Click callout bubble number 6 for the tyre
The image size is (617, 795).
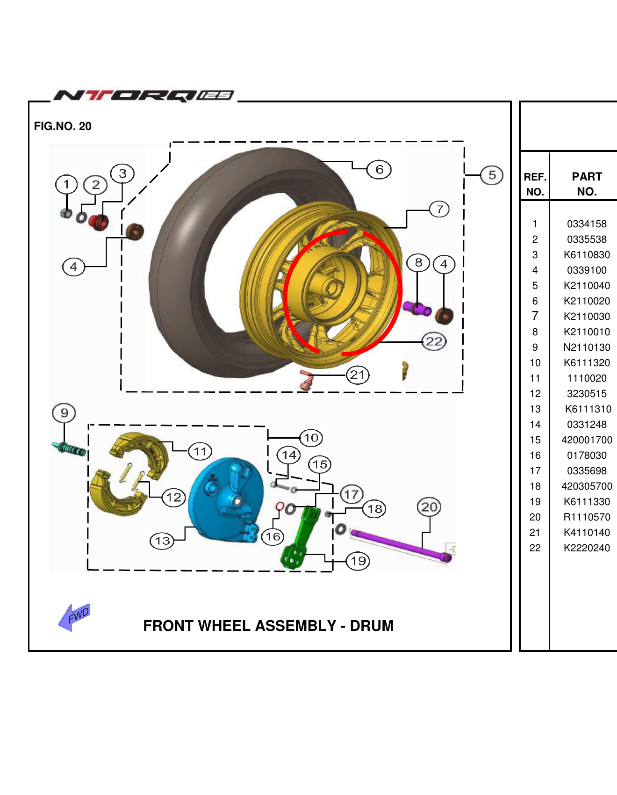click(379, 169)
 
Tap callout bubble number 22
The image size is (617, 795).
click(434, 341)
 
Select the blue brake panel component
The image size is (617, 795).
click(224, 500)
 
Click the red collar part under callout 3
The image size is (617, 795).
click(99, 222)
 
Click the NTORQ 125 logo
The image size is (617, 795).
click(144, 95)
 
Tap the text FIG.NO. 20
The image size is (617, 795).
click(63, 126)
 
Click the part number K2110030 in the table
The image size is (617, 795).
click(587, 317)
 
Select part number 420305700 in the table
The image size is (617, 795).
click(587, 486)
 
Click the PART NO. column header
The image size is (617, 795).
click(587, 184)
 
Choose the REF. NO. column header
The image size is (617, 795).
click(535, 184)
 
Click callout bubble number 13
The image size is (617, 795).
click(162, 541)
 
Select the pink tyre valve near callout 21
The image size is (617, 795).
click(306, 380)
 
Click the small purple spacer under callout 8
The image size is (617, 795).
click(417, 309)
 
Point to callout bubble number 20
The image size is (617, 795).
click(429, 507)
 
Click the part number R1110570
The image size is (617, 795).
click(587, 517)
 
